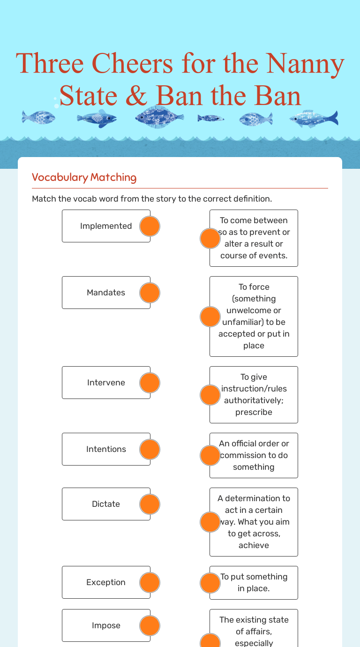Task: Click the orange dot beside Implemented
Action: (x=150, y=226)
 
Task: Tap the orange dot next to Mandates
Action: (x=150, y=293)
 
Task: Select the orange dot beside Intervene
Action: (x=150, y=383)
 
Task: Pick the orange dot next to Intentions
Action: (x=150, y=449)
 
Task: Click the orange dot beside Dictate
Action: (x=150, y=504)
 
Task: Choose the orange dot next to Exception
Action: (x=150, y=582)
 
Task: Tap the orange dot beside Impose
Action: (x=150, y=625)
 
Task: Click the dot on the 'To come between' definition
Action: (x=210, y=238)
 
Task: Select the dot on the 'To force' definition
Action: (x=210, y=316)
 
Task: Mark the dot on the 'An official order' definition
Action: (x=210, y=455)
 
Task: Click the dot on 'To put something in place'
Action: (x=210, y=583)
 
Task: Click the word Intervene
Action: (x=106, y=383)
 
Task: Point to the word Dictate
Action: (x=106, y=504)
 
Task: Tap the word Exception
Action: (x=106, y=582)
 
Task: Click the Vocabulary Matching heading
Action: (x=84, y=177)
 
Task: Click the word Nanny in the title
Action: (x=311, y=64)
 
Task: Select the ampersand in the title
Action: (x=135, y=96)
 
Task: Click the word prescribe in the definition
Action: (x=254, y=412)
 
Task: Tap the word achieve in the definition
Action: (x=254, y=545)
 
